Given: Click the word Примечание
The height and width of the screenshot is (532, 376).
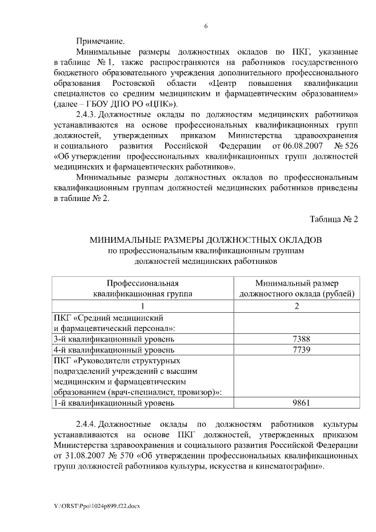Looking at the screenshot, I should (x=100, y=41).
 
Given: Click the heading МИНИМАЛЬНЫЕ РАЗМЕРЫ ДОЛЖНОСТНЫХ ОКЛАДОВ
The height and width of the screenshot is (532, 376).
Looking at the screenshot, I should (x=206, y=241).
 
